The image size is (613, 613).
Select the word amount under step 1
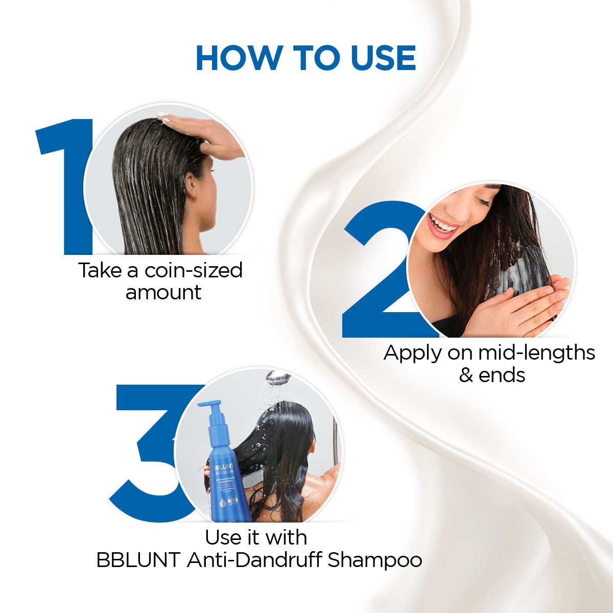(x=163, y=293)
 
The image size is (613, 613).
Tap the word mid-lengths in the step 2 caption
(x=536, y=353)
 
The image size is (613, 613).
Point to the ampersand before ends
(x=466, y=375)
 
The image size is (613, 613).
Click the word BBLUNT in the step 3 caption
(x=138, y=560)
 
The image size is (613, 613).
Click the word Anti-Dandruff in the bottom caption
(x=254, y=560)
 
